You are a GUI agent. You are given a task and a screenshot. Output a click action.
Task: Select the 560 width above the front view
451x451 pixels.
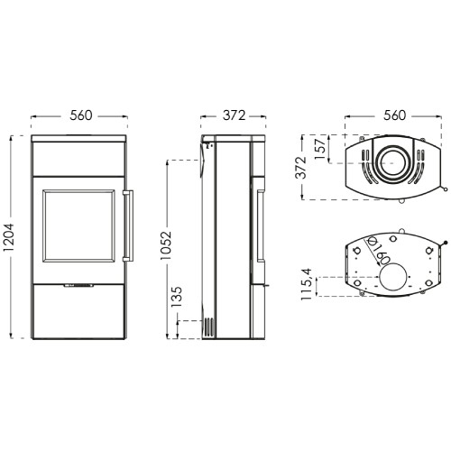[81, 115]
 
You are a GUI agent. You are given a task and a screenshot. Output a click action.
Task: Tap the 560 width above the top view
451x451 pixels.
[394, 115]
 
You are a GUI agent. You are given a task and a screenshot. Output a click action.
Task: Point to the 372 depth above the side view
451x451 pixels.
[235, 115]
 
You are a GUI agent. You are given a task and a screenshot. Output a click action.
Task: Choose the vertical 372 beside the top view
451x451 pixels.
[300, 168]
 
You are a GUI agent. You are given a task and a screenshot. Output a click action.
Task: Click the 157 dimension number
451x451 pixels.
[320, 150]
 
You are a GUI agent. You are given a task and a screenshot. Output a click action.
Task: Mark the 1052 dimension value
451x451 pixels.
[166, 245]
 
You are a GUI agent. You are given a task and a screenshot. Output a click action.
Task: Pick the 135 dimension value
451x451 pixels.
[177, 297]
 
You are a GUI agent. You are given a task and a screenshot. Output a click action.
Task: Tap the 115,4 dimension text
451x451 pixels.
[308, 284]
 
